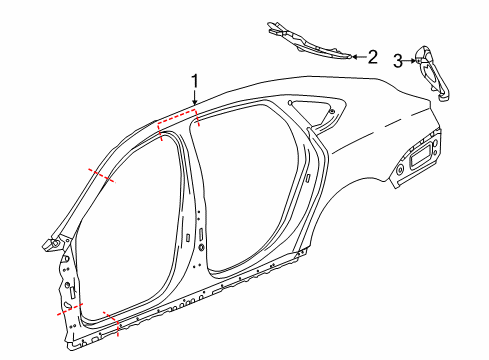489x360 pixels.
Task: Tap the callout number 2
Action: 372,57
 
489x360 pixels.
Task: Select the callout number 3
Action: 398,61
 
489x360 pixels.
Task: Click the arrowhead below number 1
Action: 195,104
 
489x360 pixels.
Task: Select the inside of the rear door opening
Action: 255,190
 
